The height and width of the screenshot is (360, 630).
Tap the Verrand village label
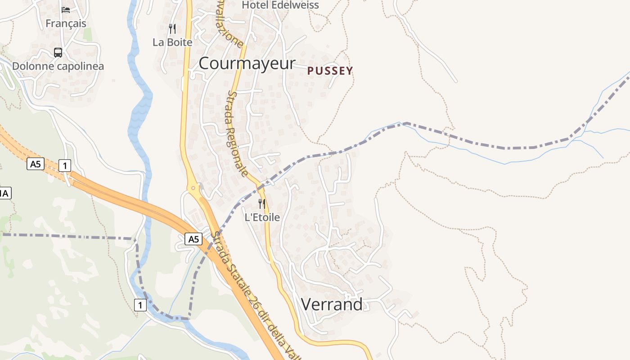point(332,305)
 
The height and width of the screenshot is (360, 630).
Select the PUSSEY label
point(330,71)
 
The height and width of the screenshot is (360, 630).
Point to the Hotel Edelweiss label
point(280,5)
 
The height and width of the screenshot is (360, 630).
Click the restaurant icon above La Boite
point(172,29)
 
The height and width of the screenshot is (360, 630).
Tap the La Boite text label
point(172,42)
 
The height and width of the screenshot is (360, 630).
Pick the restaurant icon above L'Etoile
point(262,204)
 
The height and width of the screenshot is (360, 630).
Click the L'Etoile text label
point(262,217)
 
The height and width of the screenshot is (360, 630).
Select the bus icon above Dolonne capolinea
point(58,53)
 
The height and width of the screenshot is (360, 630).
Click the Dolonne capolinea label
point(58,66)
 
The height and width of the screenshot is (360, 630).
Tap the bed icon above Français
point(66,10)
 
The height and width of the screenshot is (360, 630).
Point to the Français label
point(66,23)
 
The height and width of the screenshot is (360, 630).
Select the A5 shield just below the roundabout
point(193,239)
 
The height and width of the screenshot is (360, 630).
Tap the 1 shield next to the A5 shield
point(65,166)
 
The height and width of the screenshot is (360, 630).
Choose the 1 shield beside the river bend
point(140,305)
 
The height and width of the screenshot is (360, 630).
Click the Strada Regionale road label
point(237,134)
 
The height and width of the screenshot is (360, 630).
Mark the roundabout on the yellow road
point(193,188)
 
